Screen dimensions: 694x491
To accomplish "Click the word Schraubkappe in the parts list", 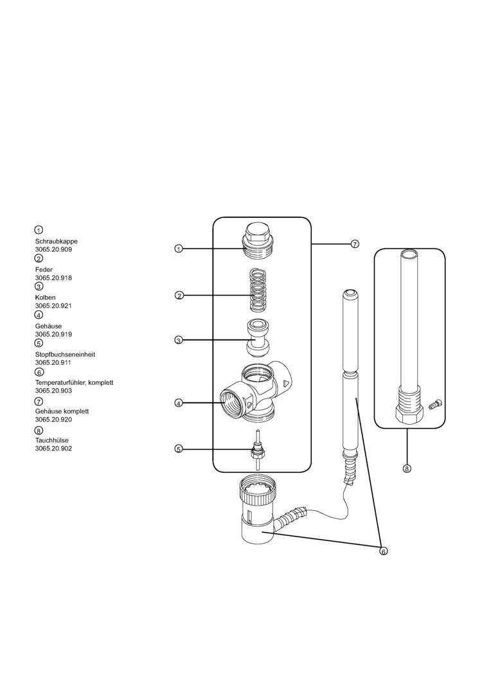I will [x=56, y=241].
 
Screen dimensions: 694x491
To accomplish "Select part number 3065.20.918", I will [x=53, y=278].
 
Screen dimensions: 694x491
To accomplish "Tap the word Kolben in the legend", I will [x=45, y=298].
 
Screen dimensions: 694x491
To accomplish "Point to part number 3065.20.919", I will [x=53, y=334].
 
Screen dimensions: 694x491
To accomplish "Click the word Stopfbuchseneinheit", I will [x=65, y=354].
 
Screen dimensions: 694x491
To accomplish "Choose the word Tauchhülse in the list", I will [x=52, y=440].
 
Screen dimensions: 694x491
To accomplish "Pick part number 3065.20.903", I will [x=53, y=390].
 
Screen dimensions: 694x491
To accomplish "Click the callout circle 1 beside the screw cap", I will [x=179, y=249].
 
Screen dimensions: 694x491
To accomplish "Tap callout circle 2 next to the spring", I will [x=179, y=296].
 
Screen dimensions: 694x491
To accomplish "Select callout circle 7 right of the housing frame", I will [x=355, y=244].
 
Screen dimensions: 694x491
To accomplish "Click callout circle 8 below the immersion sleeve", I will [x=407, y=468].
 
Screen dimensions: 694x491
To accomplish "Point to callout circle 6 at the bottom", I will [x=384, y=551].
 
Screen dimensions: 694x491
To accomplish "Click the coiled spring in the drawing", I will [x=257, y=291].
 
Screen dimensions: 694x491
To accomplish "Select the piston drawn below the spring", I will [x=257, y=337].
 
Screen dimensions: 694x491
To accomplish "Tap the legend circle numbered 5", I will [x=39, y=343].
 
